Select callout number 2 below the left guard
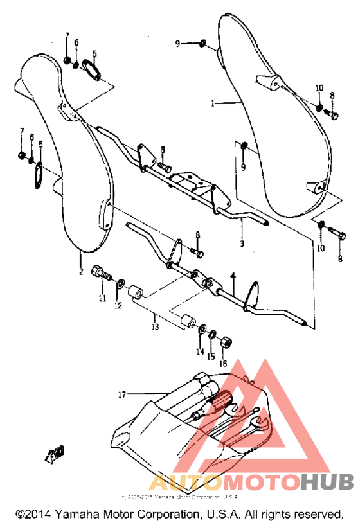point(81,272)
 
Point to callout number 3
point(242,244)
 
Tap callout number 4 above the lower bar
point(233,276)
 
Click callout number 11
point(102,297)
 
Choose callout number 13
point(154,327)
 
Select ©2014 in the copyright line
point(33,515)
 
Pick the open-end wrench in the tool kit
point(257,423)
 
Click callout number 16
point(223,363)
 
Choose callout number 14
point(200,352)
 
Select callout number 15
point(210,357)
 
